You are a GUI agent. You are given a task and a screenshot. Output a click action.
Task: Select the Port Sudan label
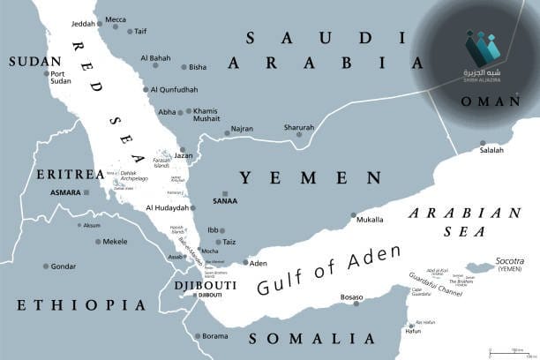(x=60, y=79)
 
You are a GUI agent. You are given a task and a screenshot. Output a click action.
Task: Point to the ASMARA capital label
(x=66, y=191)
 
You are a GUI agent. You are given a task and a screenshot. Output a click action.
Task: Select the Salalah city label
(x=491, y=150)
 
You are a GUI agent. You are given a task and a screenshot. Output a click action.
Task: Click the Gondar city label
(x=63, y=266)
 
